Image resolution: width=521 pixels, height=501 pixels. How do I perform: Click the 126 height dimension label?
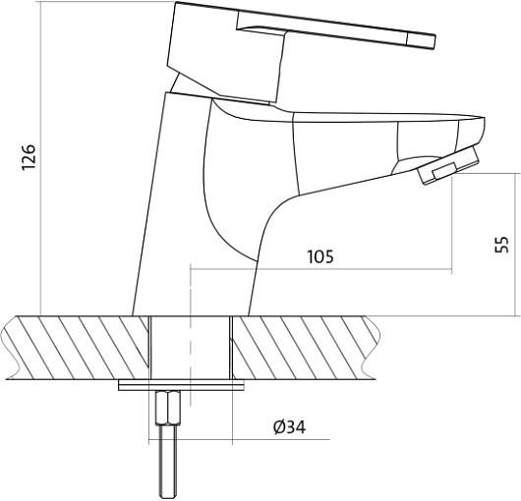point(29,157)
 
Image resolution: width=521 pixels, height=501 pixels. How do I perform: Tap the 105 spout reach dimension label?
point(320,256)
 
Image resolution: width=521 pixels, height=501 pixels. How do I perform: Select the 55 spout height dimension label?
point(501,245)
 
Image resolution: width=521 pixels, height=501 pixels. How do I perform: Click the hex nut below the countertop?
point(168,408)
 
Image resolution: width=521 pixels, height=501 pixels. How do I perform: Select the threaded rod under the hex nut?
point(168,463)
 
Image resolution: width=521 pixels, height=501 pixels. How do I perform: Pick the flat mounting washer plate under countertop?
point(181,386)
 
